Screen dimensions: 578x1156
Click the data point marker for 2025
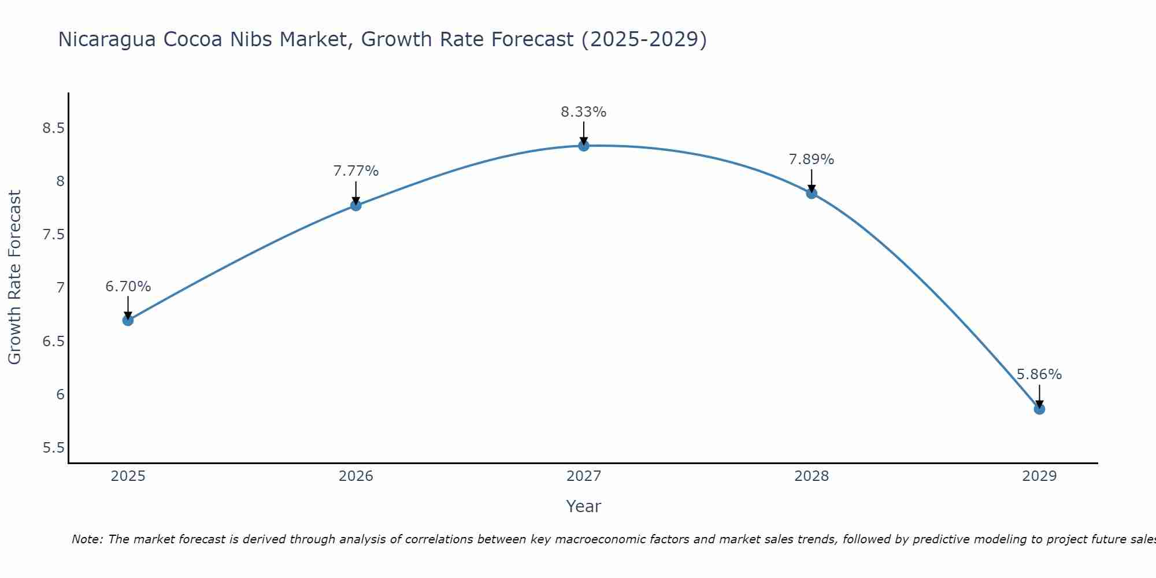(128, 320)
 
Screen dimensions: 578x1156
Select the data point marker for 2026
(356, 205)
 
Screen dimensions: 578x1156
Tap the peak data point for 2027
(584, 146)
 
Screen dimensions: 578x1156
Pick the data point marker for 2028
(812, 193)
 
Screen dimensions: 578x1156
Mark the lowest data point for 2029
(1039, 409)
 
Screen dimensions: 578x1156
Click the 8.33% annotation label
(584, 112)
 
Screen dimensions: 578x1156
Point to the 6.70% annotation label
(128, 287)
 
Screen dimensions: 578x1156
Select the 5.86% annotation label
(1039, 375)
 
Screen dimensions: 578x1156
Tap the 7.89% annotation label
(812, 160)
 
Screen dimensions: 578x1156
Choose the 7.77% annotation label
(356, 171)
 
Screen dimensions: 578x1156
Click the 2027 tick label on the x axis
(584, 476)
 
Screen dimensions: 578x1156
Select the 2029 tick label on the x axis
(1039, 476)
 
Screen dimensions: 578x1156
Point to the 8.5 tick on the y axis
(53, 128)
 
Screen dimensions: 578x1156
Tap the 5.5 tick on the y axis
(53, 449)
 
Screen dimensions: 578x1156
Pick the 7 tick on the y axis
(60, 288)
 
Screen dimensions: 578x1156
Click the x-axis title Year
(584, 506)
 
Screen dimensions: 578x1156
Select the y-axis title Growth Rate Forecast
(14, 277)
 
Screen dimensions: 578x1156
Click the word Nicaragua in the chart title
(107, 39)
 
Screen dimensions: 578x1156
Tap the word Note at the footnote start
(87, 539)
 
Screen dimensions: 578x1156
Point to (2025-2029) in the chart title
(644, 39)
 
